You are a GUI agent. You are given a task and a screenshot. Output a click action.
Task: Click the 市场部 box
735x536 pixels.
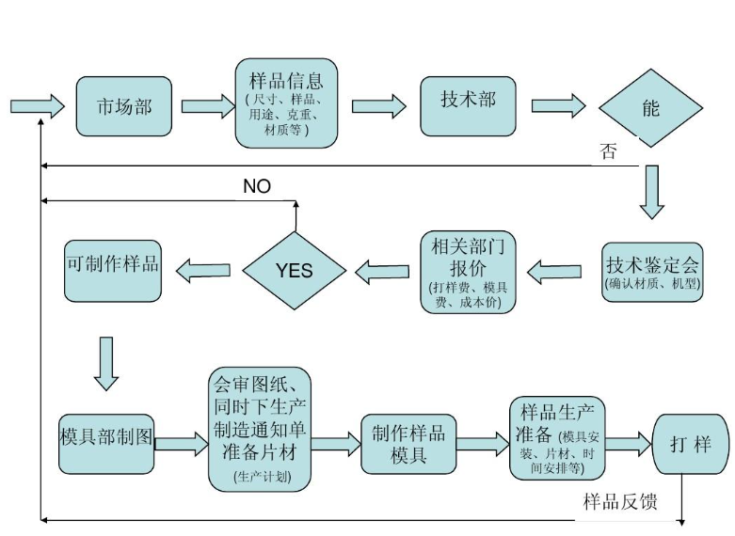tap(123, 105)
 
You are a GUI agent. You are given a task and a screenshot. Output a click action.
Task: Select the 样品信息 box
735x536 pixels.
tap(286, 102)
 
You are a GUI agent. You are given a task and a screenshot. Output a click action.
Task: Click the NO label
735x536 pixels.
tap(256, 186)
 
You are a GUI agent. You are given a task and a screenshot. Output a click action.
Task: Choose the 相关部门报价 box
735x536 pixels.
tap(468, 272)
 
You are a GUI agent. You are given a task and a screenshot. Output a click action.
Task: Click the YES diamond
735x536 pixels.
tap(295, 271)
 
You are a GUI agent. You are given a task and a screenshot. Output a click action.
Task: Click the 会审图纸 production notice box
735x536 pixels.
tap(259, 428)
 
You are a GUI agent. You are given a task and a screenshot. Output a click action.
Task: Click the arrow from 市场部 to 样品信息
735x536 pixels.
tap(208, 105)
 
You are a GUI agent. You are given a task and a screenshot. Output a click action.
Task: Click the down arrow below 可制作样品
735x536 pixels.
tap(106, 363)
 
